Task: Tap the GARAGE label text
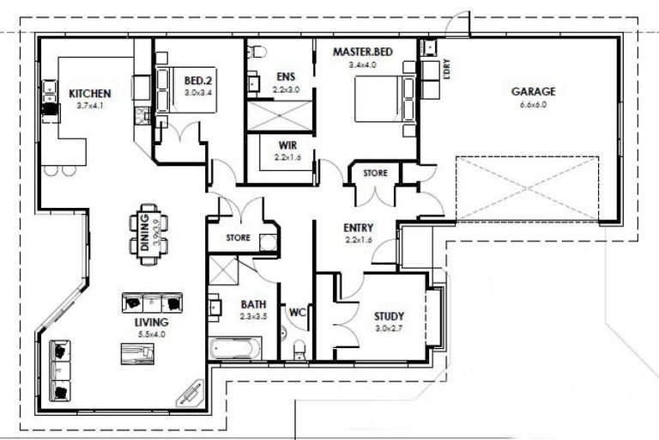pyautogui.click(x=533, y=91)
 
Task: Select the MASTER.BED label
pyautogui.click(x=362, y=52)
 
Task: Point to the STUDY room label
pyautogui.click(x=389, y=315)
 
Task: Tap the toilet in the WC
pyautogui.click(x=299, y=348)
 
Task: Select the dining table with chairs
pyautogui.click(x=148, y=229)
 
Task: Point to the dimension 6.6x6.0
pyautogui.click(x=533, y=105)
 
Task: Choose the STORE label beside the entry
pyautogui.click(x=375, y=173)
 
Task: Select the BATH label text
pyautogui.click(x=252, y=304)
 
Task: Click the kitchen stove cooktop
pyautogui.click(x=49, y=109)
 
